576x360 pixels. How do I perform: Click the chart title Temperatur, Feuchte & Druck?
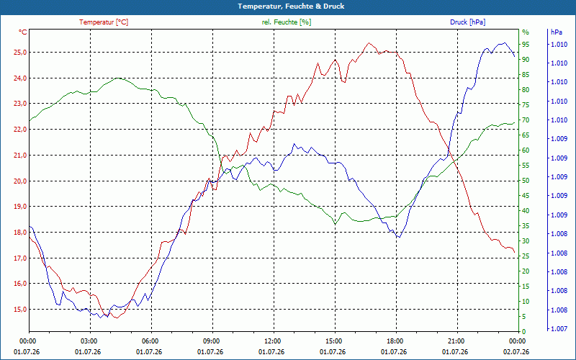[x=291, y=6]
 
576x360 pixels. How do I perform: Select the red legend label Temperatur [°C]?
[x=104, y=22]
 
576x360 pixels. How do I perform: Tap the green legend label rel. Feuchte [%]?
[x=286, y=22]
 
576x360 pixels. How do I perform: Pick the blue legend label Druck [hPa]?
[x=467, y=22]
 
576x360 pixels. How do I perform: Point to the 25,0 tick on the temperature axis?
[x=20, y=53]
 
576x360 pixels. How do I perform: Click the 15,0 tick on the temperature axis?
[x=20, y=310]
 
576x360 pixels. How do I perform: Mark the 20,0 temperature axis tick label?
[x=20, y=181]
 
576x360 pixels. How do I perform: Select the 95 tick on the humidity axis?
[x=526, y=45]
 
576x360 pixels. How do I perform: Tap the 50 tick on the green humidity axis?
[x=526, y=181]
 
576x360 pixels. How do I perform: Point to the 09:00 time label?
[x=212, y=341]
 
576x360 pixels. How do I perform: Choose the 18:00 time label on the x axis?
[x=397, y=341]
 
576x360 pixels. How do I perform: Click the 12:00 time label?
[x=274, y=341]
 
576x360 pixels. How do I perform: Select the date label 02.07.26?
[x=516, y=352]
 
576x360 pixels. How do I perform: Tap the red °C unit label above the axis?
[x=23, y=32]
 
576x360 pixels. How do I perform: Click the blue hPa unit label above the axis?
[x=556, y=32]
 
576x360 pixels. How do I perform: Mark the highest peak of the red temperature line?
[x=369, y=43]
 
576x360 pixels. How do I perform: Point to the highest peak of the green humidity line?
[x=117, y=78]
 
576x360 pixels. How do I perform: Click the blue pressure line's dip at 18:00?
[x=398, y=238]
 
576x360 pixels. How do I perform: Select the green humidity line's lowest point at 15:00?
[x=335, y=224]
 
